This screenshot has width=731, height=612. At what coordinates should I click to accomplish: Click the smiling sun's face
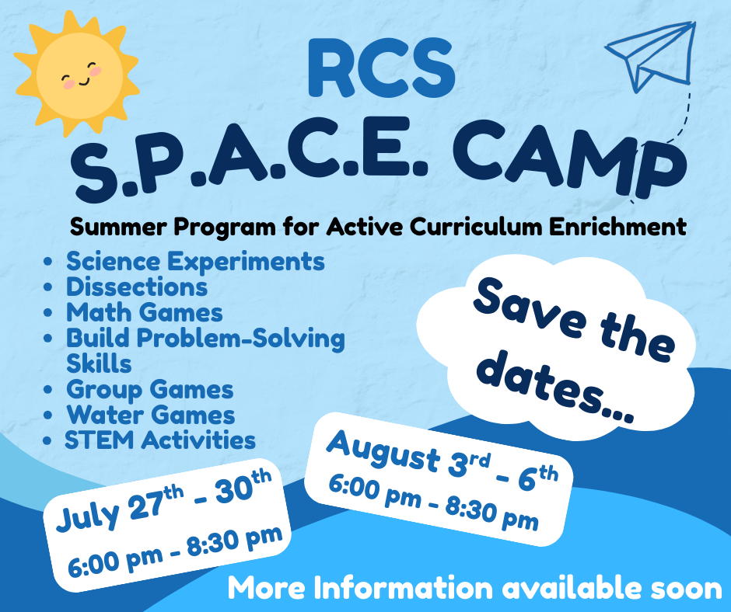pos(80,75)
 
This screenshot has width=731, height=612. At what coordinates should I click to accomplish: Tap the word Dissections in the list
pos(137,287)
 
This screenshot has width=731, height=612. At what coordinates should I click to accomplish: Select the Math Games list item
pos(145,312)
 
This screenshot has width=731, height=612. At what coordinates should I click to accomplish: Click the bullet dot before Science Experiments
pos(47,262)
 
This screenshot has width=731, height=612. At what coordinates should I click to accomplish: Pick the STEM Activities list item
pos(160,440)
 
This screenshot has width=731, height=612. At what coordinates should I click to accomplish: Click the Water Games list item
pos(151,415)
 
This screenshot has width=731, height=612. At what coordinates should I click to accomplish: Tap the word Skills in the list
pos(99,363)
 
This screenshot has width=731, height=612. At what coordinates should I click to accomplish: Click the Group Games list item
pos(149,390)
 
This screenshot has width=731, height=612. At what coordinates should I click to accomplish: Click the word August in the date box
pos(383,450)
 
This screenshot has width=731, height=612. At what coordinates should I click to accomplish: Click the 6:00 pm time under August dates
pos(375,492)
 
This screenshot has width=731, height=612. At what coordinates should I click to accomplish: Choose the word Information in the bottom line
pos(403,588)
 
